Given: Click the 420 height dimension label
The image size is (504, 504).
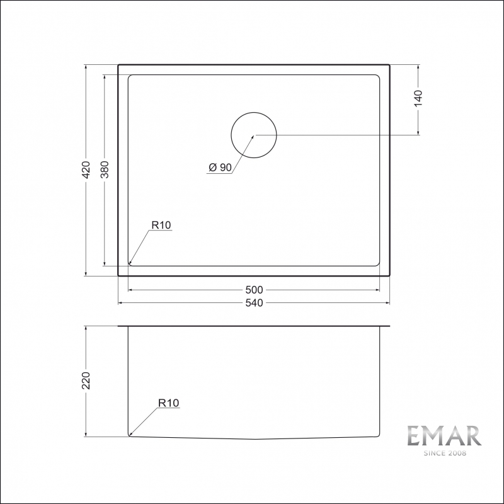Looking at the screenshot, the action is click(x=86, y=169).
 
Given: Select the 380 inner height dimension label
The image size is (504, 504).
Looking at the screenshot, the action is click(x=105, y=169).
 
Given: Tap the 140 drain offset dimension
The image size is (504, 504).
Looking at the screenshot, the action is click(x=418, y=98).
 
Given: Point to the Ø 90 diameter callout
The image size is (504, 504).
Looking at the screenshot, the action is click(x=220, y=167).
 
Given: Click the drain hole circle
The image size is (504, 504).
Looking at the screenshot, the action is click(x=254, y=113).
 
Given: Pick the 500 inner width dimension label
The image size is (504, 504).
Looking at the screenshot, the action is click(x=254, y=290).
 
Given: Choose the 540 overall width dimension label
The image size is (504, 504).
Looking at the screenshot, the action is click(x=254, y=303).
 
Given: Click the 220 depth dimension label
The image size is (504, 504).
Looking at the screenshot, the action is click(x=86, y=381).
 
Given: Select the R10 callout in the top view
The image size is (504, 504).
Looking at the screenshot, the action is click(x=161, y=225).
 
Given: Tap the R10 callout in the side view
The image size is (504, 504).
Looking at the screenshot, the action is click(x=169, y=403).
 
